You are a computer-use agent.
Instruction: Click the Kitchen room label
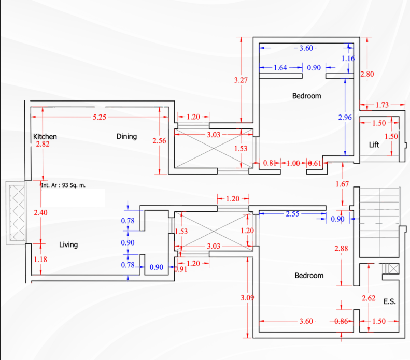(45, 137)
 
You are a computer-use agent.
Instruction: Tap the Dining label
(126, 136)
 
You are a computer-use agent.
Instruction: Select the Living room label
(68, 244)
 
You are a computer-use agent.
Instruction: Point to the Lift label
(374, 145)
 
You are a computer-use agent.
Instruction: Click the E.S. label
(389, 301)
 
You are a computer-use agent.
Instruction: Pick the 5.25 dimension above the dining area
(100, 117)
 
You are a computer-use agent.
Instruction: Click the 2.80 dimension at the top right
(367, 74)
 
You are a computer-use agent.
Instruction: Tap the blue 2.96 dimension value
(345, 118)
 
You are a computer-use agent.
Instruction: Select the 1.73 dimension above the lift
(382, 105)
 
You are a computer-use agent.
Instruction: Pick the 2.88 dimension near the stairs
(341, 249)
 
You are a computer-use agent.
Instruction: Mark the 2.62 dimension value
(368, 298)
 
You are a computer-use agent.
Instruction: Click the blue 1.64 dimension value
(280, 67)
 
